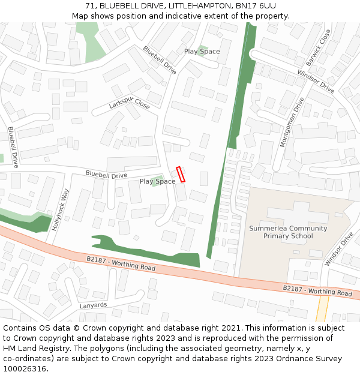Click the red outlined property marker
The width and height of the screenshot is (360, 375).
181,174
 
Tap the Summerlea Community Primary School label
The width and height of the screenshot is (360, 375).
288,232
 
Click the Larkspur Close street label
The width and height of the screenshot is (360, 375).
130,103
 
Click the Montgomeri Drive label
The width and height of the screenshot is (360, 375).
292,122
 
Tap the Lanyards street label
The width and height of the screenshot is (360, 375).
93,305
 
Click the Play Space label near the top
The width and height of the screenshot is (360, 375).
202,52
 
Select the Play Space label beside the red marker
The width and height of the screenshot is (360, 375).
157,181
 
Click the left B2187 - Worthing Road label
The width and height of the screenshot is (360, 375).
121,263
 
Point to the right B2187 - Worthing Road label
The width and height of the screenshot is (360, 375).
317,290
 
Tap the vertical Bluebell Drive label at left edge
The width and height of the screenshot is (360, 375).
13,146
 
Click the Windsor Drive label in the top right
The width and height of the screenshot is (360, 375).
316,82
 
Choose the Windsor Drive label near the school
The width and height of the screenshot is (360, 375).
338,250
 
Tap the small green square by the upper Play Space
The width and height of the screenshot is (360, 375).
203,47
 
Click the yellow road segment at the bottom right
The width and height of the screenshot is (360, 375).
322,310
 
